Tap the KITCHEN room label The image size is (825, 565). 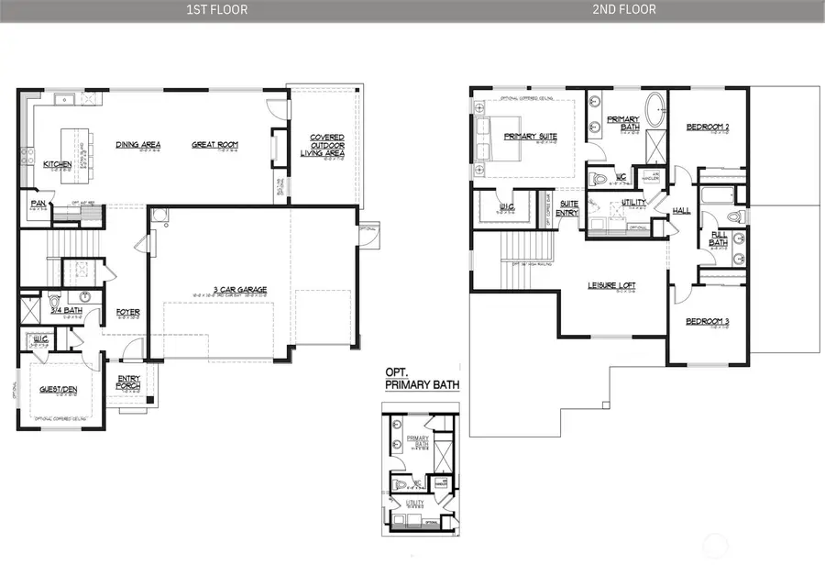58,165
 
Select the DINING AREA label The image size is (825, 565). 138,144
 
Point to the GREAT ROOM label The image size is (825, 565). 214,144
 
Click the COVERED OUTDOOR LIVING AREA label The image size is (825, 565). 323,145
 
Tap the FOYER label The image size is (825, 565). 127,312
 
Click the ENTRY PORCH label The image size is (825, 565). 128,382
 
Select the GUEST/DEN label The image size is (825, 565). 57,389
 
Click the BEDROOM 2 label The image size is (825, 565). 707,127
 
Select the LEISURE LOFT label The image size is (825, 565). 611,285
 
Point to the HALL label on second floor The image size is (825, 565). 681,210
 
